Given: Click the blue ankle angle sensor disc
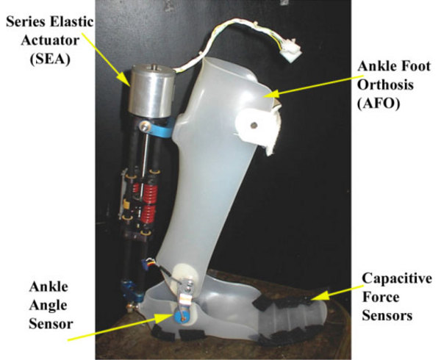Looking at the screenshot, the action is (179, 316).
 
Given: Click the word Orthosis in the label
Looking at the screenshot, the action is (385, 84).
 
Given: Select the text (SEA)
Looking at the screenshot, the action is (50, 60).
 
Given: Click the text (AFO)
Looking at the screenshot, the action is (379, 104).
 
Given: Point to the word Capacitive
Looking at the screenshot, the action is (397, 278).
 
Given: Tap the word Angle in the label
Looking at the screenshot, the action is (48, 306).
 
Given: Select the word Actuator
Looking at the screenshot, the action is (50, 40).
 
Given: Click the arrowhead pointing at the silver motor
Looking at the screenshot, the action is (124, 78).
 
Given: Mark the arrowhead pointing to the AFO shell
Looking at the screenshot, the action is (271, 94).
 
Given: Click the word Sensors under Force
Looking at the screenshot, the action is (387, 316).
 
